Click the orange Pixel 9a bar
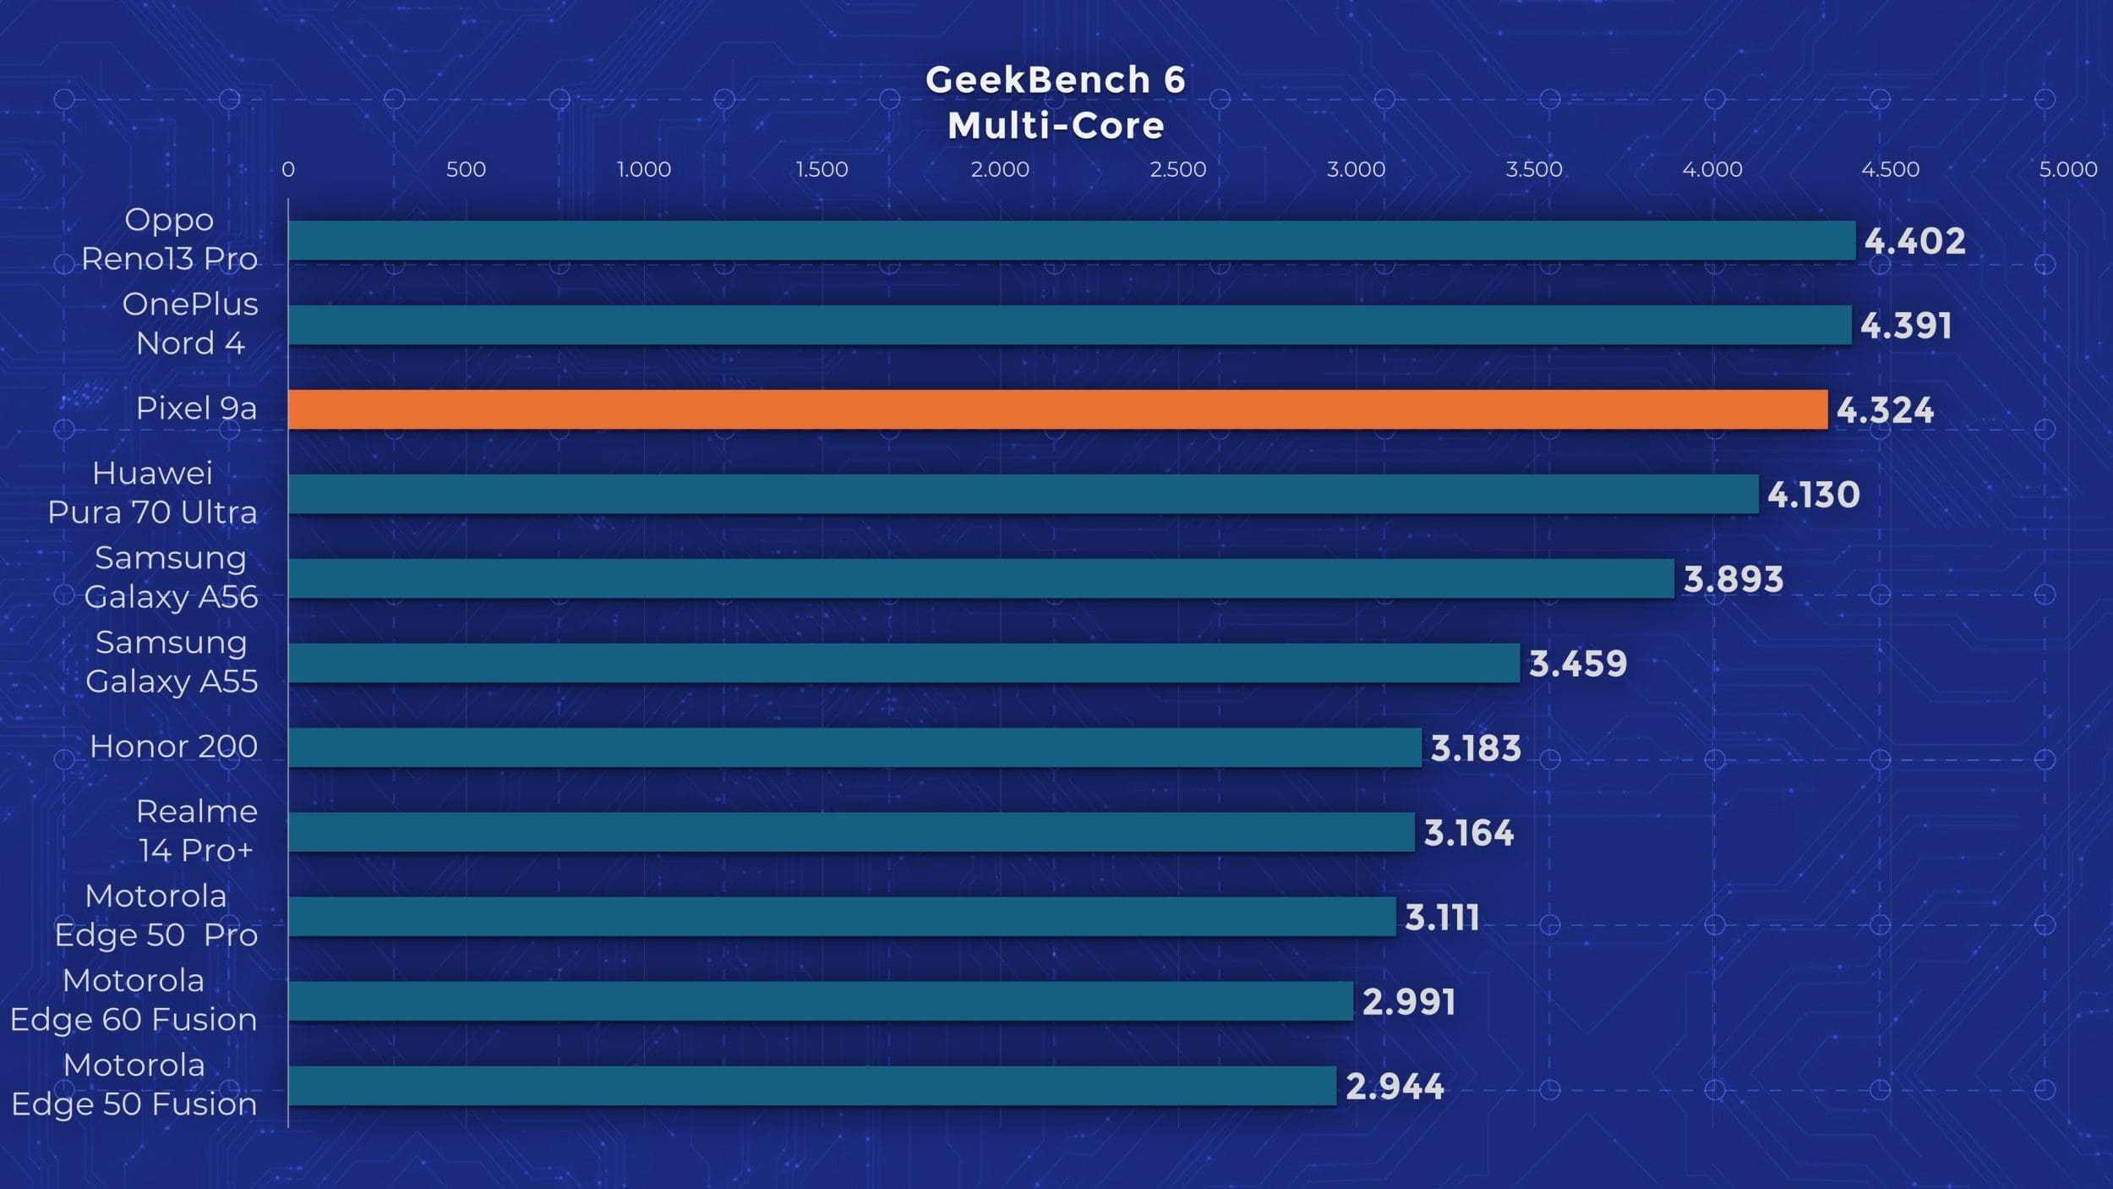1056,409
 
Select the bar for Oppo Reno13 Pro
1071,240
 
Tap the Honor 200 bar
854,748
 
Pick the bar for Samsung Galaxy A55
903,663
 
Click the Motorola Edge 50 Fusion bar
811,1086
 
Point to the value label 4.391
1906,326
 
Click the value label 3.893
1733,579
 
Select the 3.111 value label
1442,918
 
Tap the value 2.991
1408,1002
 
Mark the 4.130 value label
1813,495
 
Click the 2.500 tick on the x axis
1177,169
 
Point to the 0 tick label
288,169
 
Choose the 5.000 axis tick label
2067,169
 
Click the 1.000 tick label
643,169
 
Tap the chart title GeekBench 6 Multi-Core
1056,103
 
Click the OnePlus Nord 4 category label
190,324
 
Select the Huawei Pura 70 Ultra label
152,493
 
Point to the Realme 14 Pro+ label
196,831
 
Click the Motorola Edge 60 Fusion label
134,1000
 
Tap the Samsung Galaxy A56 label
171,578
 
